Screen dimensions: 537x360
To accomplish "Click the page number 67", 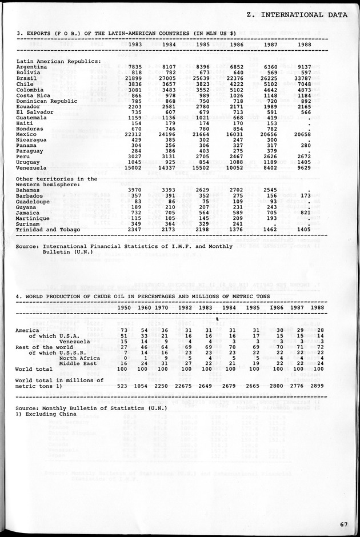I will coord(343,524).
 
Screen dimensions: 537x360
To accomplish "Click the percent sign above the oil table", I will coord(217,319).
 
